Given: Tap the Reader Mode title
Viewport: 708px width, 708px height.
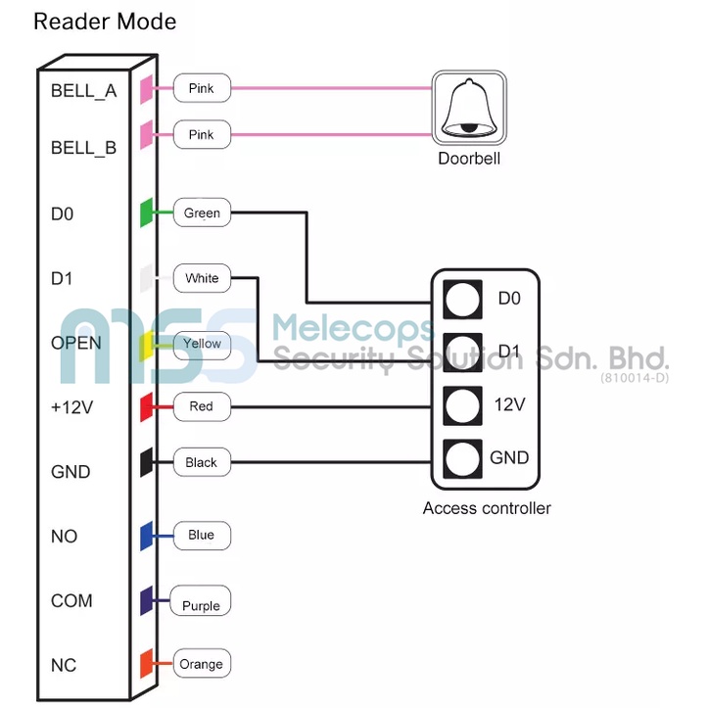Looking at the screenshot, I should pyautogui.click(x=105, y=22).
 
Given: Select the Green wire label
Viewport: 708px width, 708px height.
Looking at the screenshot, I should pyautogui.click(x=202, y=212).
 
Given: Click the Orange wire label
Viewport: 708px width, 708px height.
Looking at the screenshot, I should pyautogui.click(x=201, y=664).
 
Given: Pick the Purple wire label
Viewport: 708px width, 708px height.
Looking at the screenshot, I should pyautogui.click(x=201, y=605).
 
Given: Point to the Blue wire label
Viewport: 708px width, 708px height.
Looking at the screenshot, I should pyautogui.click(x=201, y=536).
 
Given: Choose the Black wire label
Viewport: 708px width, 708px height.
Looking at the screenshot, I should pyautogui.click(x=201, y=462).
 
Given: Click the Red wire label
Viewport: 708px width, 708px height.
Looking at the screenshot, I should pyautogui.click(x=201, y=405).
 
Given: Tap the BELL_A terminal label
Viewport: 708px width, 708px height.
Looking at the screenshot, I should pyautogui.click(x=84, y=91).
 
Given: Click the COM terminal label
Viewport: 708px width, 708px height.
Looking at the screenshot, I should pyautogui.click(x=71, y=600).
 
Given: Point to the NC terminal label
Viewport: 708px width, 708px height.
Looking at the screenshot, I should pyautogui.click(x=64, y=665).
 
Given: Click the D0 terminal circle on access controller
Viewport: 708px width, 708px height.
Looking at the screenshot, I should pyautogui.click(x=462, y=298).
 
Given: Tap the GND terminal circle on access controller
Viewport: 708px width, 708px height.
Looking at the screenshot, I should pyautogui.click(x=462, y=457).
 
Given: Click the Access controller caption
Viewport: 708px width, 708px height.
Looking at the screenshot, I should pyautogui.click(x=487, y=508).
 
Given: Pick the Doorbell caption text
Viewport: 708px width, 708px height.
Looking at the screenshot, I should pyautogui.click(x=469, y=158).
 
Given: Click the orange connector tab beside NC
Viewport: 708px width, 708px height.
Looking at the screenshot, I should pyautogui.click(x=146, y=663).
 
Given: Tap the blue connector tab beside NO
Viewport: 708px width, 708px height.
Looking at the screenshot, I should pyautogui.click(x=146, y=535).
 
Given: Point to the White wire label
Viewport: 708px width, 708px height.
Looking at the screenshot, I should pyautogui.click(x=202, y=278).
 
